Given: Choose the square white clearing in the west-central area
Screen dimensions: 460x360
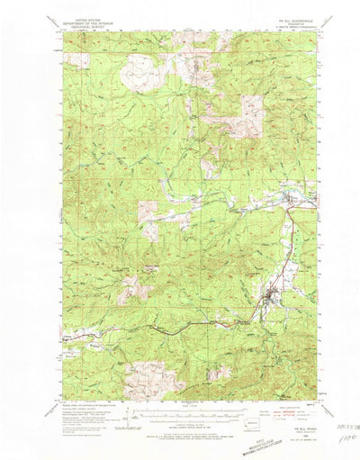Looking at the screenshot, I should click(x=148, y=213).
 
